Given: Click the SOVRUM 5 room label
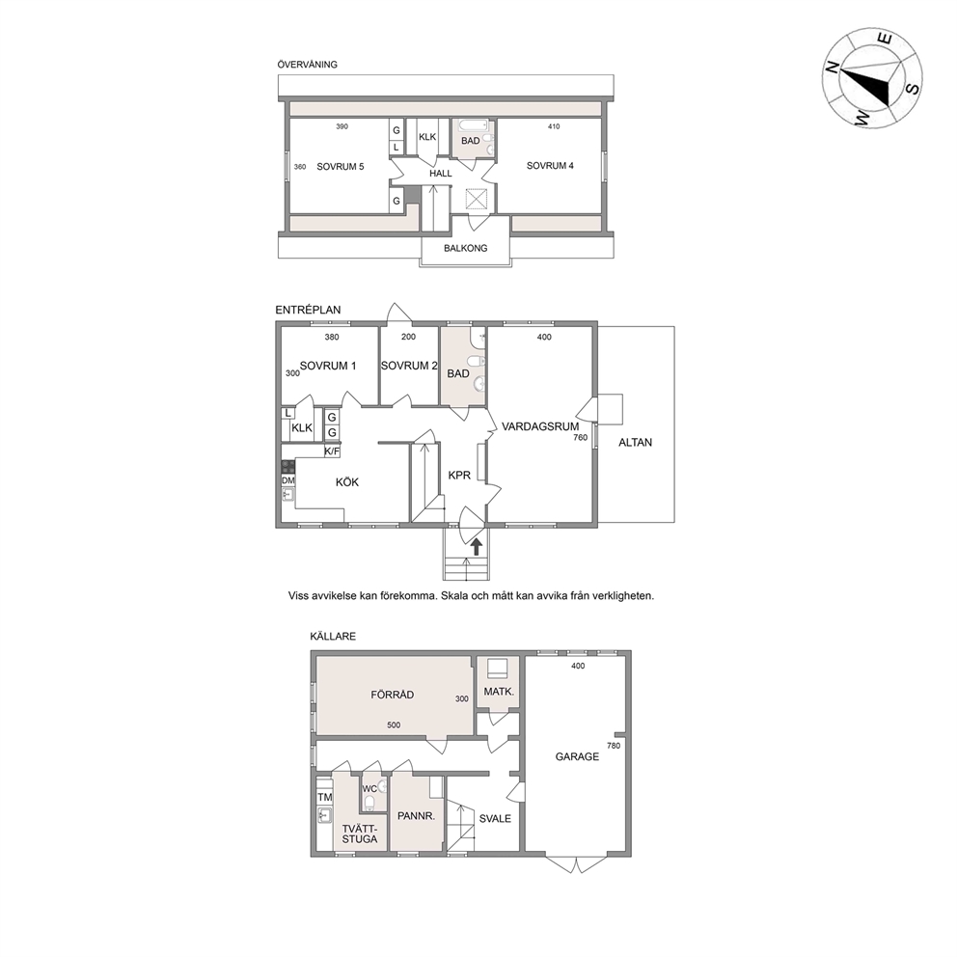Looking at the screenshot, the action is (x=340, y=167).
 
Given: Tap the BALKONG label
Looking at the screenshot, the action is (x=465, y=248).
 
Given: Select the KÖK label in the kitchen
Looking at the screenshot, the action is (x=347, y=482).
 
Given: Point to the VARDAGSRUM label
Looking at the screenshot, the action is (x=540, y=426).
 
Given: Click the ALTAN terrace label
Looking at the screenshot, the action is (x=636, y=443).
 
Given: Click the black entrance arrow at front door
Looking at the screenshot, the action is (x=476, y=546).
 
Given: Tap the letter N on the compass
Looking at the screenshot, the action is (x=832, y=68).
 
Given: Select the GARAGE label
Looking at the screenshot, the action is (x=577, y=756).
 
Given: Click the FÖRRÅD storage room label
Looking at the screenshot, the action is (x=393, y=695).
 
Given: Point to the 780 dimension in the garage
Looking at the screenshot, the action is (x=614, y=746).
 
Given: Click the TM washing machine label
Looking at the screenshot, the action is (x=325, y=797).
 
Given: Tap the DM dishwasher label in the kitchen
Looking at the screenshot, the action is (x=288, y=480).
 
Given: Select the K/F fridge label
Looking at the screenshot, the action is (x=332, y=451).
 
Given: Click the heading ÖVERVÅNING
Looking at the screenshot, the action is (x=307, y=64).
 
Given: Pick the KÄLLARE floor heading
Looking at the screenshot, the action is (x=333, y=636).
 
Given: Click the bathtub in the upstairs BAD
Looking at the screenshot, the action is (x=474, y=125).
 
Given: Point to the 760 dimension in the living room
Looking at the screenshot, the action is (x=581, y=438).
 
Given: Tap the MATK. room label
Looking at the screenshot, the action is (x=499, y=692).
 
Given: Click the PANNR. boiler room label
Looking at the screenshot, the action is (x=416, y=815).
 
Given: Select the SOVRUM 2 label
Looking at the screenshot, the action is (x=409, y=366).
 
